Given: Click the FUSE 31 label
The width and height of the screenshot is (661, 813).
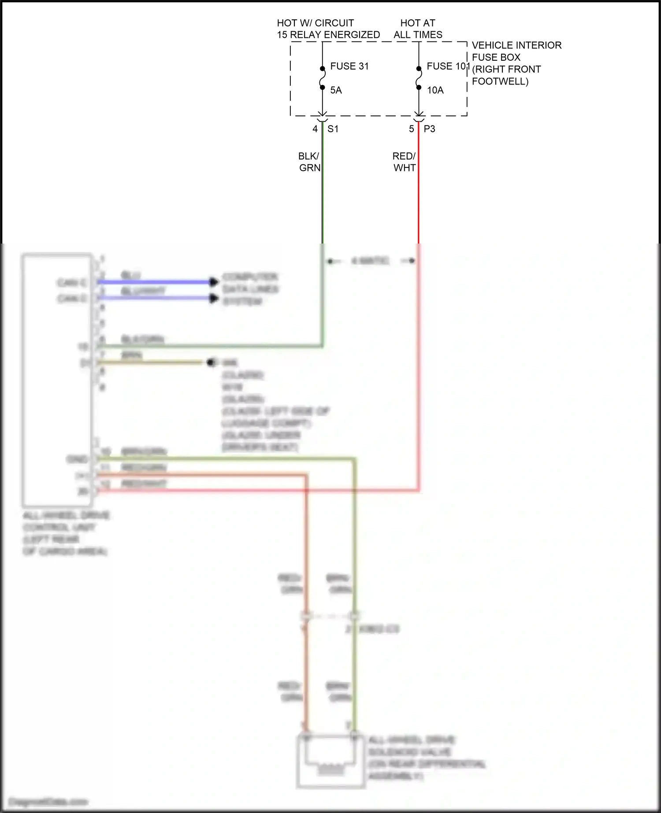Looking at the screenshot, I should pyautogui.click(x=349, y=66).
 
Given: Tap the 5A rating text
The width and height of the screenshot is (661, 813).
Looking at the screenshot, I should pyautogui.click(x=336, y=90).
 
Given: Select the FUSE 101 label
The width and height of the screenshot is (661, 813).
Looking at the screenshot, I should pyautogui.click(x=447, y=66).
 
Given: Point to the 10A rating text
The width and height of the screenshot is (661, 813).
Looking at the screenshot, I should pyautogui.click(x=435, y=90).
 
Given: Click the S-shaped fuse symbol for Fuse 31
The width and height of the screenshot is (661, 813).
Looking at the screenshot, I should pyautogui.click(x=323, y=78).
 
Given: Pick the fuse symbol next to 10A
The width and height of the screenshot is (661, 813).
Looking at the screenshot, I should pyautogui.click(x=419, y=78).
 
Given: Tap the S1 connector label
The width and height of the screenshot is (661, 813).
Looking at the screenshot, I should pyautogui.click(x=333, y=129).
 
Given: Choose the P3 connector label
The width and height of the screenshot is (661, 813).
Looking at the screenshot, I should pyautogui.click(x=429, y=129).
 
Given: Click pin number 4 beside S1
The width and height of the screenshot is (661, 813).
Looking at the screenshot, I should pyautogui.click(x=315, y=129).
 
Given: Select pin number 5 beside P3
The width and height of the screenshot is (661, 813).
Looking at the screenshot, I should pyautogui.click(x=411, y=129).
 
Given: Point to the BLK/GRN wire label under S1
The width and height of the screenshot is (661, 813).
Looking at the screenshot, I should pyautogui.click(x=309, y=162).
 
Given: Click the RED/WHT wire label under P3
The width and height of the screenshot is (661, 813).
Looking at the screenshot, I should pyautogui.click(x=404, y=162).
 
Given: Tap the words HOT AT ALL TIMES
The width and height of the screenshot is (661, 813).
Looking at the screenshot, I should pyautogui.click(x=418, y=29).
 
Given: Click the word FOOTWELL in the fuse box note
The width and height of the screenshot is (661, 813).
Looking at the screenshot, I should pyautogui.click(x=500, y=81).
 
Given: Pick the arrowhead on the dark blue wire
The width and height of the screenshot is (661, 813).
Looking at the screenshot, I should pyautogui.click(x=214, y=282).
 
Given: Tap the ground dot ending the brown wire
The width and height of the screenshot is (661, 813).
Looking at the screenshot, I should pyautogui.click(x=211, y=362).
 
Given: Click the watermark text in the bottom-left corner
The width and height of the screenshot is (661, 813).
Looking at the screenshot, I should pyautogui.click(x=48, y=802).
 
